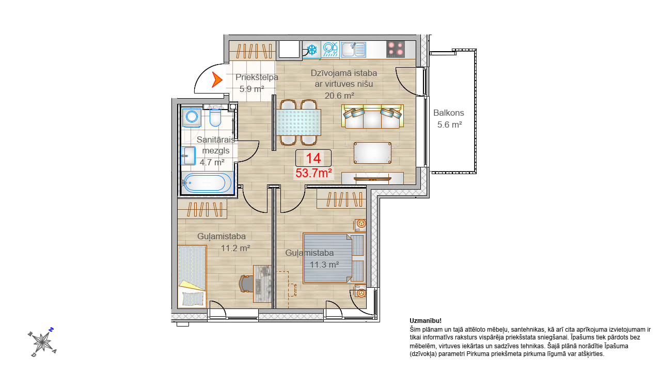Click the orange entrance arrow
click(217, 80)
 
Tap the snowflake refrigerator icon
click(311, 50)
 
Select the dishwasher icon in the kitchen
click(330, 49)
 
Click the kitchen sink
click(353, 50)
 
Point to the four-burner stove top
click(396, 49)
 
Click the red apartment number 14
click(313, 158)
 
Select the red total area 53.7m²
click(313, 173)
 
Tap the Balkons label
click(449, 113)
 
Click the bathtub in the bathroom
click(208, 183)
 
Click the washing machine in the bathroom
click(192, 117)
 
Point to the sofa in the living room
click(372, 116)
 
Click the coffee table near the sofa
click(372, 152)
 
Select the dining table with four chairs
click(298, 122)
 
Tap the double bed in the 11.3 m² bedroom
click(334, 259)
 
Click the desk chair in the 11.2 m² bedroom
click(246, 284)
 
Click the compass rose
click(42, 342)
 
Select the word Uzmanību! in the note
click(426, 321)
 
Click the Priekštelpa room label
click(257, 78)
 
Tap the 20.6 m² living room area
click(339, 96)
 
